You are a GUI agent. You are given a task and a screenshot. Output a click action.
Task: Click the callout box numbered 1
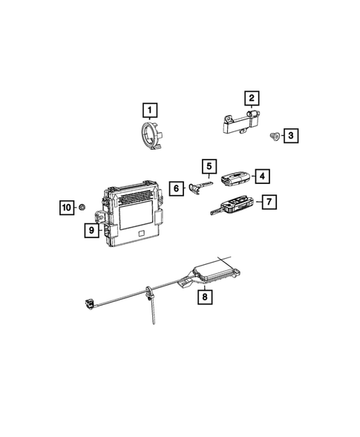(151, 112)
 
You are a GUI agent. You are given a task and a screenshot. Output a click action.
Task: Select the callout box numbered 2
(252, 98)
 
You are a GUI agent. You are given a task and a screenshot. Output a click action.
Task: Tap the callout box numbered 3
(290, 135)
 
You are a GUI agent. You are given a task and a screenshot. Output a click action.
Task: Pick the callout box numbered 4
(261, 176)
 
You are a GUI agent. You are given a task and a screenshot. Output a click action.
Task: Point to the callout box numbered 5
(209, 168)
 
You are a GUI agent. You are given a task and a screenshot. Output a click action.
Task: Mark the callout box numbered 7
(268, 201)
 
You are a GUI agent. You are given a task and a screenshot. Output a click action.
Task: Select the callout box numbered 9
(92, 231)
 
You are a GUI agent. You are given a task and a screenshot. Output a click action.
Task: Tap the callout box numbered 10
(68, 207)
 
